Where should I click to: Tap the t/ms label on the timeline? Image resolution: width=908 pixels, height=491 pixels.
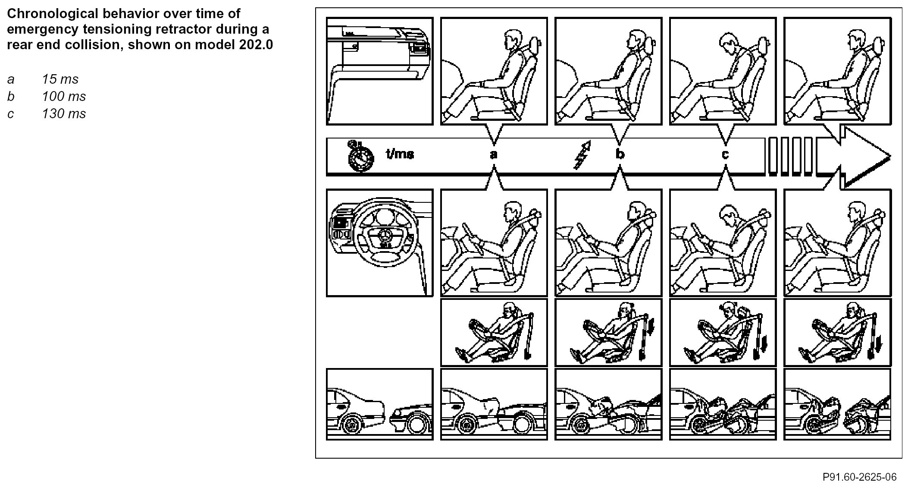pos(400,154)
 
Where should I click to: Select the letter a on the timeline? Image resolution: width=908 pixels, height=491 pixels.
pos(494,154)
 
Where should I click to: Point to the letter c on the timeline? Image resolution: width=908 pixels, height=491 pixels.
pos(725,154)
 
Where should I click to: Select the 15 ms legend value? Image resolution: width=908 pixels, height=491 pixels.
pos(60,79)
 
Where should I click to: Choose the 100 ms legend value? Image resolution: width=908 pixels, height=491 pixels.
pos(64,97)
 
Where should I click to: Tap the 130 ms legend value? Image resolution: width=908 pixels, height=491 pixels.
pos(64,114)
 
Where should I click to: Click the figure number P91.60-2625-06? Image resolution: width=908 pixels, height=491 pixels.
pos(859,477)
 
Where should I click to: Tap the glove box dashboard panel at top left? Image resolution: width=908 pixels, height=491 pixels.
pos(379,71)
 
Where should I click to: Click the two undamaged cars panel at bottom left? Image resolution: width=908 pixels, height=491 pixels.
pos(379,404)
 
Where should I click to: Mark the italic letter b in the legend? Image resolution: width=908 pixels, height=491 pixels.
pos(10,97)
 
